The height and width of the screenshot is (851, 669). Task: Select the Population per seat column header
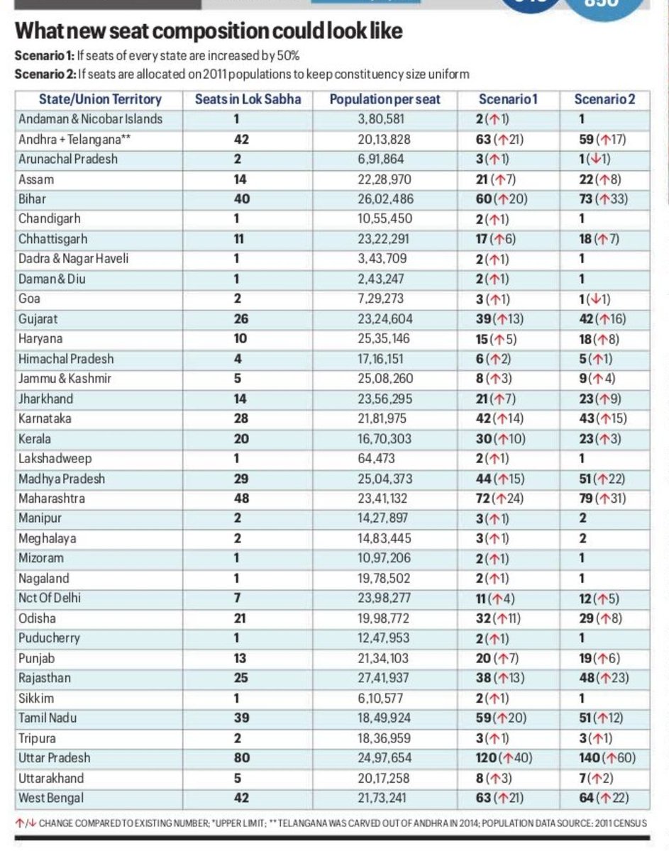tap(385, 99)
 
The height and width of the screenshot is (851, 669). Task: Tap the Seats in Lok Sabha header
tap(248, 99)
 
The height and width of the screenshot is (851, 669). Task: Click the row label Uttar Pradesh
tap(56, 757)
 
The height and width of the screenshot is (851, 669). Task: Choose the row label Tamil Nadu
tap(48, 718)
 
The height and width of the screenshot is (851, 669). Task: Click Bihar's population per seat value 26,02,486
tap(385, 199)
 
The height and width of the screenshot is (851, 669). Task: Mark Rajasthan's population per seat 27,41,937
tap(385, 678)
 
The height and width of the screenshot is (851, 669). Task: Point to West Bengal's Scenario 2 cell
tap(602, 798)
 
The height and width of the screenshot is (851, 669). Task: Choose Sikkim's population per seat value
tap(385, 698)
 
